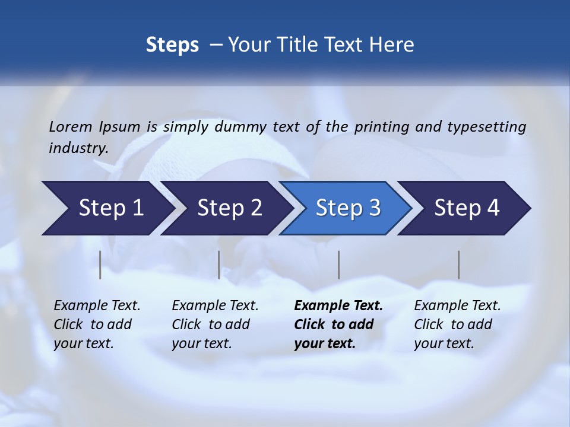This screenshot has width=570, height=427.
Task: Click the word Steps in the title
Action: tap(172, 45)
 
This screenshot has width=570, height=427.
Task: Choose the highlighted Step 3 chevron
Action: tap(348, 208)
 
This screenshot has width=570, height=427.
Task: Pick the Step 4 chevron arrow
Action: tap(467, 208)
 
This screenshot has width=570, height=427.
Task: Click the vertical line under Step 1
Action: tap(100, 265)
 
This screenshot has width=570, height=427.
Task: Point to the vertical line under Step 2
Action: tap(219, 265)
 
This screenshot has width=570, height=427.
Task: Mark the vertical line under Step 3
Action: tap(339, 265)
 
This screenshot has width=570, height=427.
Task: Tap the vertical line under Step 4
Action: tap(459, 265)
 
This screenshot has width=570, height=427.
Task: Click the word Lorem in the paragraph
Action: tap(71, 126)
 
